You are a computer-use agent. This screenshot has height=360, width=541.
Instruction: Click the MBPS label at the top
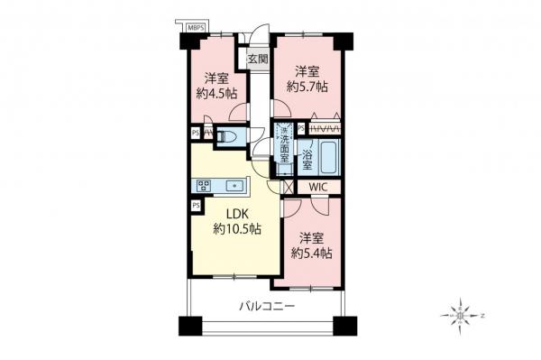pos(197,29)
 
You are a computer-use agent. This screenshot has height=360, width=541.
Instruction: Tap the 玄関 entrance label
pos(258,60)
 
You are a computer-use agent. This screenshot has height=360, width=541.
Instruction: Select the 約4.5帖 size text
pos(214,93)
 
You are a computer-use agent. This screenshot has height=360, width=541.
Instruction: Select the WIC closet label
pos(316,187)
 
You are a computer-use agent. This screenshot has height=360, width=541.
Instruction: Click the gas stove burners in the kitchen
pos(201,187)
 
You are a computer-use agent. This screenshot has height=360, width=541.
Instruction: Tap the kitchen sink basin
pos(238,187)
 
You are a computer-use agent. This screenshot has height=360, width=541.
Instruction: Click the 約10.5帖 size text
pos(237,231)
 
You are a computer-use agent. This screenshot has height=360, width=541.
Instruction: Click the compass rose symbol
pos(461,317)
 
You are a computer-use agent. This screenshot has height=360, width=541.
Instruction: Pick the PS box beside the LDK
pos(196,206)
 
